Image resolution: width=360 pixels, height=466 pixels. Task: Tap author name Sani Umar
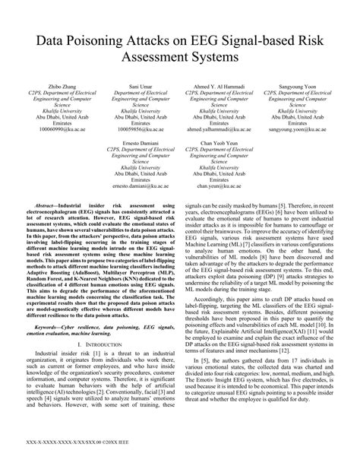[137, 90]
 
